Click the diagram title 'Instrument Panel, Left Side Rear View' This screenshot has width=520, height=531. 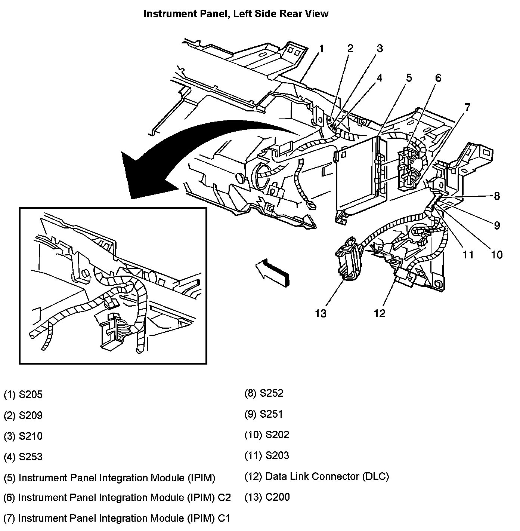(x=236, y=14)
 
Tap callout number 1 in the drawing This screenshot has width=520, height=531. (x=321, y=49)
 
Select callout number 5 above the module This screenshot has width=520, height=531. (x=409, y=78)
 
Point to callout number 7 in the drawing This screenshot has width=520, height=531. (x=467, y=107)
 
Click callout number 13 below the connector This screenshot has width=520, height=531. (x=321, y=313)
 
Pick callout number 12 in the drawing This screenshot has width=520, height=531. (x=379, y=313)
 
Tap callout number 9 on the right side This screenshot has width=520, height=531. (x=496, y=225)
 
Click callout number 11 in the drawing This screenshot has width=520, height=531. (x=468, y=255)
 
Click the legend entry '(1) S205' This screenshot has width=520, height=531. (x=23, y=395)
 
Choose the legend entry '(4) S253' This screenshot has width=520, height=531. (x=23, y=457)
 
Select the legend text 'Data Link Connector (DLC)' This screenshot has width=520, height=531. (x=327, y=476)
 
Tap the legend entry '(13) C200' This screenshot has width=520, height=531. (x=267, y=497)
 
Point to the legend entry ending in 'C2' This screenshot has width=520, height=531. (x=117, y=497)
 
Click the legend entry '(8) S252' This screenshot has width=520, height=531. (x=264, y=393)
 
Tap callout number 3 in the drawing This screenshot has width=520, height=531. (x=379, y=48)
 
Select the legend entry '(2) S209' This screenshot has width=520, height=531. (x=23, y=415)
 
